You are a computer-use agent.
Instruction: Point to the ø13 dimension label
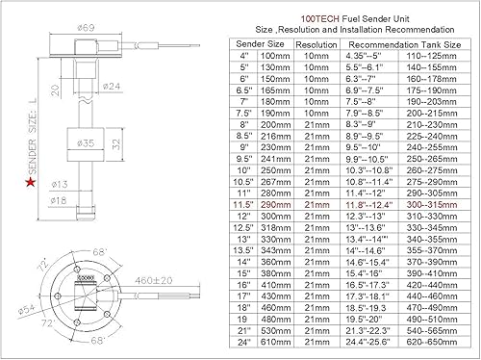pos(57,183)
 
